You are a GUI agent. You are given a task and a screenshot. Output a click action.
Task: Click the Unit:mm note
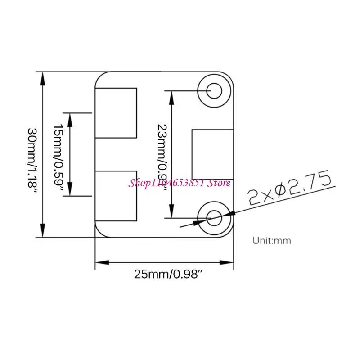pos(272,240)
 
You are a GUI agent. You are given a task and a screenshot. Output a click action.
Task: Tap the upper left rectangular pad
pos(116,113)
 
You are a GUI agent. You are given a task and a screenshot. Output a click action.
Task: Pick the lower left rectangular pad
pos(116,196)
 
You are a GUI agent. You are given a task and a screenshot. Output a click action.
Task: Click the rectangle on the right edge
pos(212,154)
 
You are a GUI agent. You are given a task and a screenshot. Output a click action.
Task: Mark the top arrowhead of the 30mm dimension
pos(43,76)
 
